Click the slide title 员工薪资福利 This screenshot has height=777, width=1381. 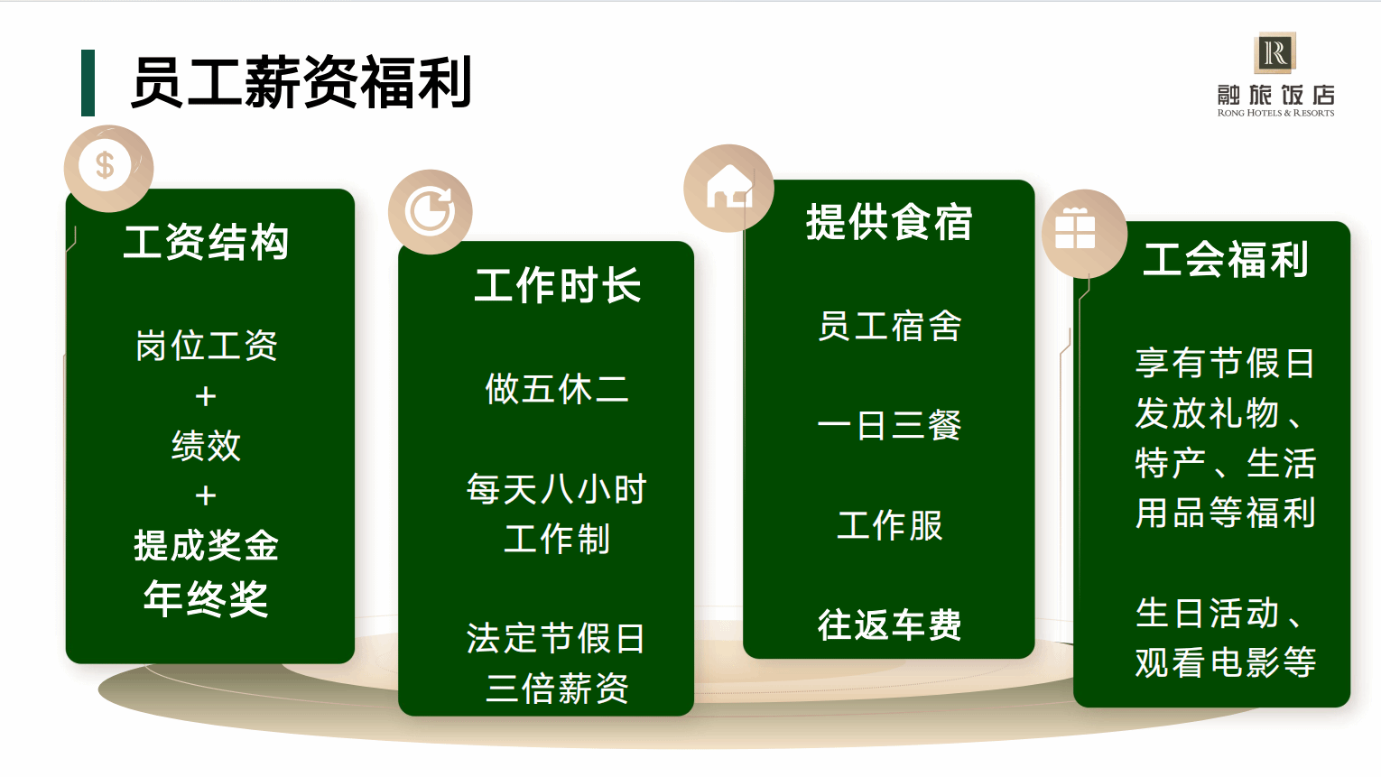pyautogui.click(x=301, y=82)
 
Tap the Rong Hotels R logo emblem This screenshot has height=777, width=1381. pyautogui.click(x=1275, y=53)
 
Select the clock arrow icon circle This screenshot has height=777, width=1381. pyautogui.click(x=431, y=212)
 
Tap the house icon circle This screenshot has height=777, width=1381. pyautogui.click(x=728, y=188)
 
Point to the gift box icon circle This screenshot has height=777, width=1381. pyautogui.click(x=1084, y=234)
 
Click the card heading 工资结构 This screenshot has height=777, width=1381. pyautogui.click(x=206, y=242)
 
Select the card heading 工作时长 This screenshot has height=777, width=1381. pyautogui.click(x=557, y=285)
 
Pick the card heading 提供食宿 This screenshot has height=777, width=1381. pyautogui.click(x=889, y=222)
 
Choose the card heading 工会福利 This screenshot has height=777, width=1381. pyautogui.click(x=1225, y=259)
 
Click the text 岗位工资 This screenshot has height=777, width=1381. pyautogui.click(x=206, y=345)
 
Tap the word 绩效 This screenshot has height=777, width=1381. pyautogui.click(x=206, y=446)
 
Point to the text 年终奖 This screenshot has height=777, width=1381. pyautogui.click(x=206, y=598)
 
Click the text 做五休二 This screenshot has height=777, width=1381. pyautogui.click(x=557, y=390)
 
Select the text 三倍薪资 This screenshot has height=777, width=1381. pyautogui.click(x=557, y=689)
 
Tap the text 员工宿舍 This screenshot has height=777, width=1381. pyautogui.click(x=890, y=326)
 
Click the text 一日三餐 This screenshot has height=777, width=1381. pyautogui.click(x=890, y=426)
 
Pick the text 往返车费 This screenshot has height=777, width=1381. pyautogui.click(x=890, y=624)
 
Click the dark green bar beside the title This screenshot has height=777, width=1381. pyautogui.click(x=88, y=82)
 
